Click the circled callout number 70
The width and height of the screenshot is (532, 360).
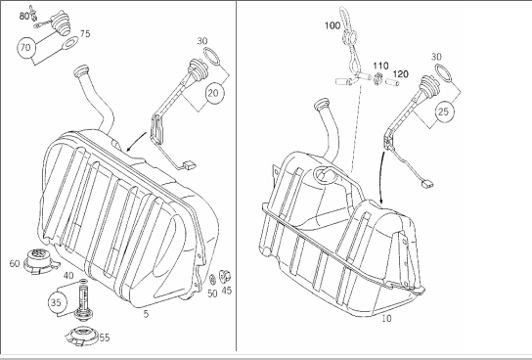[x=25, y=48]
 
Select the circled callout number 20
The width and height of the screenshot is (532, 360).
[x=214, y=93]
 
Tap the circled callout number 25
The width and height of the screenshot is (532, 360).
[x=444, y=112]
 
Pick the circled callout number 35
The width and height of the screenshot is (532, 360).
[x=57, y=302]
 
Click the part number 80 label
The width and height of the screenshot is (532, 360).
[x=24, y=16]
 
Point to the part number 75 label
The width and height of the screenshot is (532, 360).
[x=85, y=33]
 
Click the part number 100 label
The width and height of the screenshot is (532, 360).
[x=332, y=25]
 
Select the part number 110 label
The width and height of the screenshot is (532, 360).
[x=380, y=66]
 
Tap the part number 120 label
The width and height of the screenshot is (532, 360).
[x=401, y=74]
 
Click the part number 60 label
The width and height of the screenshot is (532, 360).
[x=15, y=263]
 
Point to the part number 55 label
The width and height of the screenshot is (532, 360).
[x=105, y=337]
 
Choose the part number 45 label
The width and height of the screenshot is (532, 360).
[x=227, y=291]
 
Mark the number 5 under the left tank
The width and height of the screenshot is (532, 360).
[x=146, y=314]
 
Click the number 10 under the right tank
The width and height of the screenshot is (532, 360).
[x=386, y=318]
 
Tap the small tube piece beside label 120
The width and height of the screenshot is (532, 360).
[x=392, y=82]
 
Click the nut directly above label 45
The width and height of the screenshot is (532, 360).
[x=225, y=276]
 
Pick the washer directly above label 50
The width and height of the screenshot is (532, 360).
[x=213, y=280]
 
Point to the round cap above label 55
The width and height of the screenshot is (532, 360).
[x=82, y=336]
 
